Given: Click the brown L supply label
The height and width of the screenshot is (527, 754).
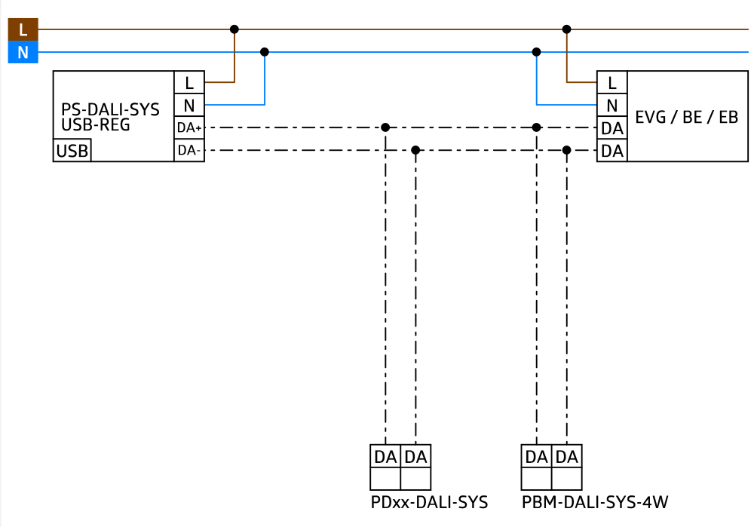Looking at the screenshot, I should (23, 29).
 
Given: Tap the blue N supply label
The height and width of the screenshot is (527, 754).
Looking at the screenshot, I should (23, 53).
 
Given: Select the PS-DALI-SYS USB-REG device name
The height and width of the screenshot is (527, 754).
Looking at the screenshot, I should (110, 117).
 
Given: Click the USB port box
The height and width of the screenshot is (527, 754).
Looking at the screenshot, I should (72, 151).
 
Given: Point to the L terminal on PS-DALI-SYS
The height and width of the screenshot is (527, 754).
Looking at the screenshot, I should (189, 82).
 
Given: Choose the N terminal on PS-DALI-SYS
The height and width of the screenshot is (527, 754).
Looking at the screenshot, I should (189, 106).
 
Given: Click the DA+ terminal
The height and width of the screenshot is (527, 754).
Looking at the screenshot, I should (189, 128).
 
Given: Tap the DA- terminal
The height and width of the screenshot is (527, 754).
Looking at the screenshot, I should (189, 151).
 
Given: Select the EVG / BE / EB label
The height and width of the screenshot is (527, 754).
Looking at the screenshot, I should (686, 117).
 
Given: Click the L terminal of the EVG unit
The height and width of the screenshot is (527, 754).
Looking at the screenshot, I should (612, 82).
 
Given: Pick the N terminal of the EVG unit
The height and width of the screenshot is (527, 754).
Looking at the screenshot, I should (612, 106).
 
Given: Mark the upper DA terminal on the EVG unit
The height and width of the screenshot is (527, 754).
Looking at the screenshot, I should (612, 128).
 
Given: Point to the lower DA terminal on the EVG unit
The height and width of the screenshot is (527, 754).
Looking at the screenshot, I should (612, 151).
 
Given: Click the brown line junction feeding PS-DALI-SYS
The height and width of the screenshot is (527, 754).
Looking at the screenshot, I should (234, 30).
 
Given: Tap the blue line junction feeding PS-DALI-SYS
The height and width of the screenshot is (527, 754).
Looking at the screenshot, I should (265, 53).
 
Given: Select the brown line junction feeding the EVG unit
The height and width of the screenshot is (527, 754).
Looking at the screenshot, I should (566, 30).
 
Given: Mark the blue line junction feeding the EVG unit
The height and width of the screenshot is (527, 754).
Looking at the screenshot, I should (536, 53).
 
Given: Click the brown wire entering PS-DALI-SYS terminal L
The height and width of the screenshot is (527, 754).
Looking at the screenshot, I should (219, 82).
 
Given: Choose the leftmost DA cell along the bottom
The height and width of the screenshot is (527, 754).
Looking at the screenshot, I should (385, 457).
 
